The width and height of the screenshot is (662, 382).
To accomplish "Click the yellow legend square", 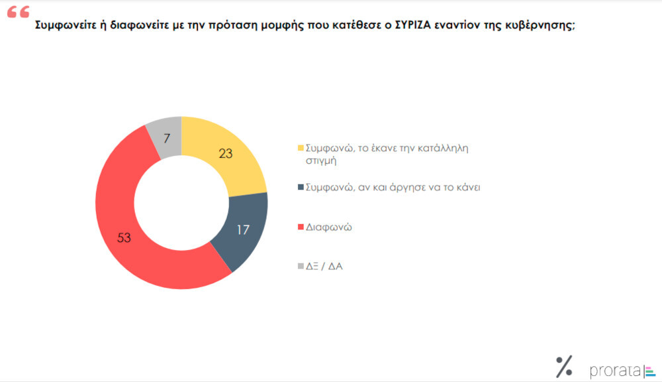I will pos(301,148).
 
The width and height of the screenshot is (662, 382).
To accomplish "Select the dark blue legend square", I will pos(301,188).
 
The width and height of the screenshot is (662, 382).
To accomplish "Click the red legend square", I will pos(301,227).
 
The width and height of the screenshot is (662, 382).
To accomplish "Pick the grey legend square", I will pos(301,267).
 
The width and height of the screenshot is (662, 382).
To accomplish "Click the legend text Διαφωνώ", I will pos(328,227).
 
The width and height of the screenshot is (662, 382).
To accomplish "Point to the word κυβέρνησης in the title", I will pos(540,27).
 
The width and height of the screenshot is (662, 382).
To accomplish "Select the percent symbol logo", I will pos(564,365).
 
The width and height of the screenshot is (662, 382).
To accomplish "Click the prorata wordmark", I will pos(615,370).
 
